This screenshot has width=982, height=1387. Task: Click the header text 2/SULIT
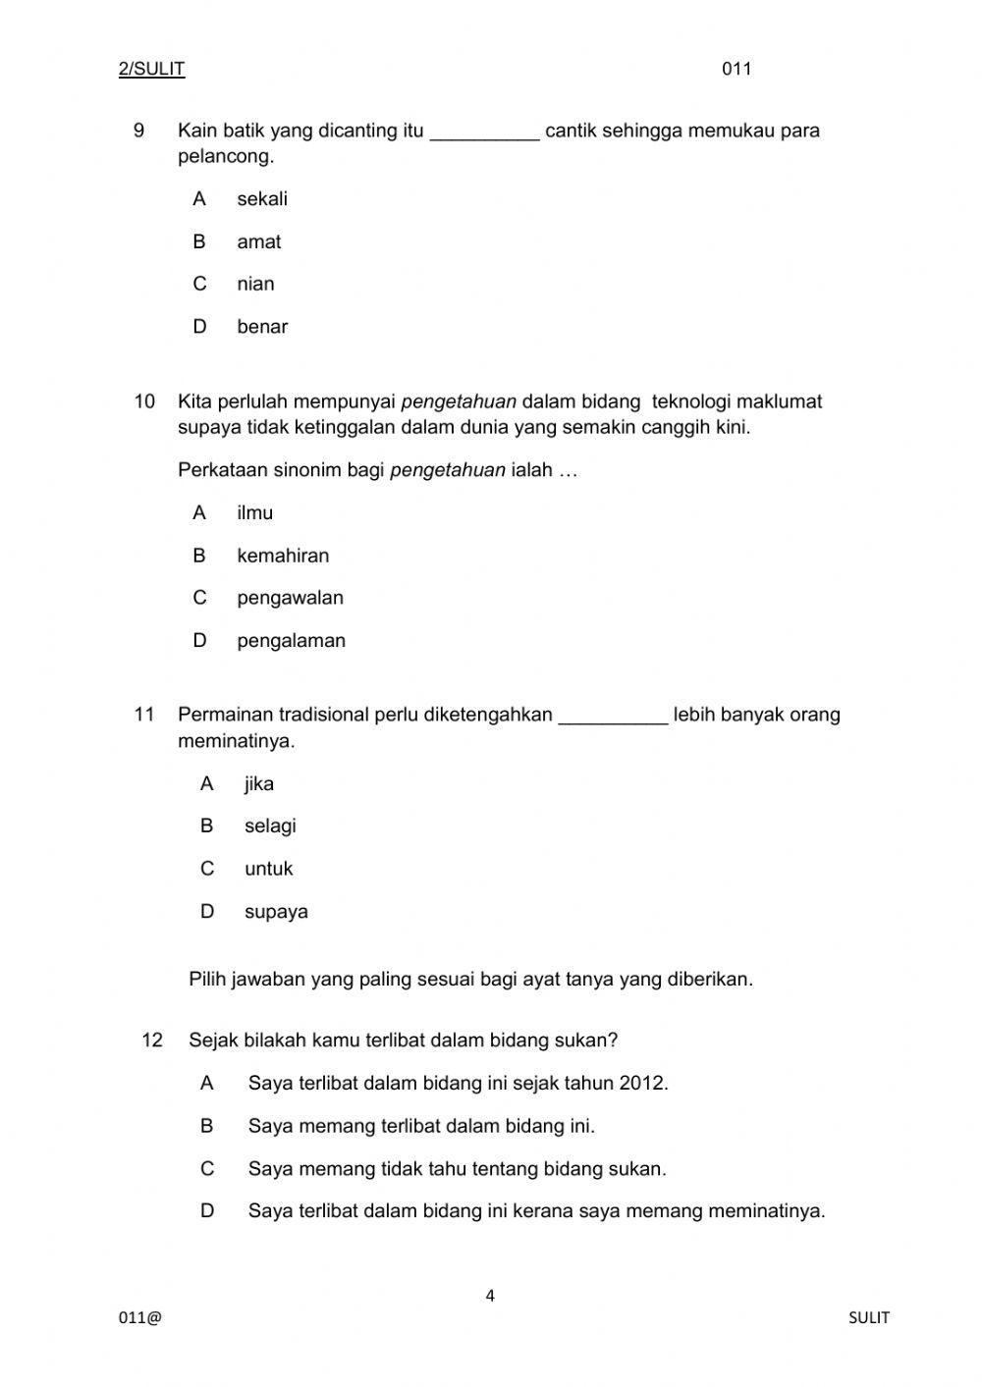point(151,69)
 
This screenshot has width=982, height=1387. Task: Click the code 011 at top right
point(736,69)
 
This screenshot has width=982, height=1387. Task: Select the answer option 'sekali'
point(262,199)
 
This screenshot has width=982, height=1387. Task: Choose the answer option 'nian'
point(255,284)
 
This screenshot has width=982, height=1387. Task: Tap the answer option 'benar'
point(262,327)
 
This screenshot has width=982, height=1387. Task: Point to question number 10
point(144,401)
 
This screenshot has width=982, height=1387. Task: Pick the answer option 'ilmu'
point(254,512)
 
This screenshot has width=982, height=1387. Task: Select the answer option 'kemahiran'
point(283,556)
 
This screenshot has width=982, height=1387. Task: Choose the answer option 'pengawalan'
point(290,598)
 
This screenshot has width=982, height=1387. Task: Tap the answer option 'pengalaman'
point(291,641)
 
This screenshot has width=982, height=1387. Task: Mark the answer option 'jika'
point(259,783)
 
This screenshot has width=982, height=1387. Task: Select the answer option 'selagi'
point(270,826)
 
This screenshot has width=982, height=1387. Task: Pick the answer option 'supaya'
point(276,912)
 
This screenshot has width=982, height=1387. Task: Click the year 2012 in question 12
point(642,1084)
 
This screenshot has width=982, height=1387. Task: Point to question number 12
point(152,1040)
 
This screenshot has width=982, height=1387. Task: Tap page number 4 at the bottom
point(490,1296)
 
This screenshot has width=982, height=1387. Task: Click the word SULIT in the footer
point(868,1318)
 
